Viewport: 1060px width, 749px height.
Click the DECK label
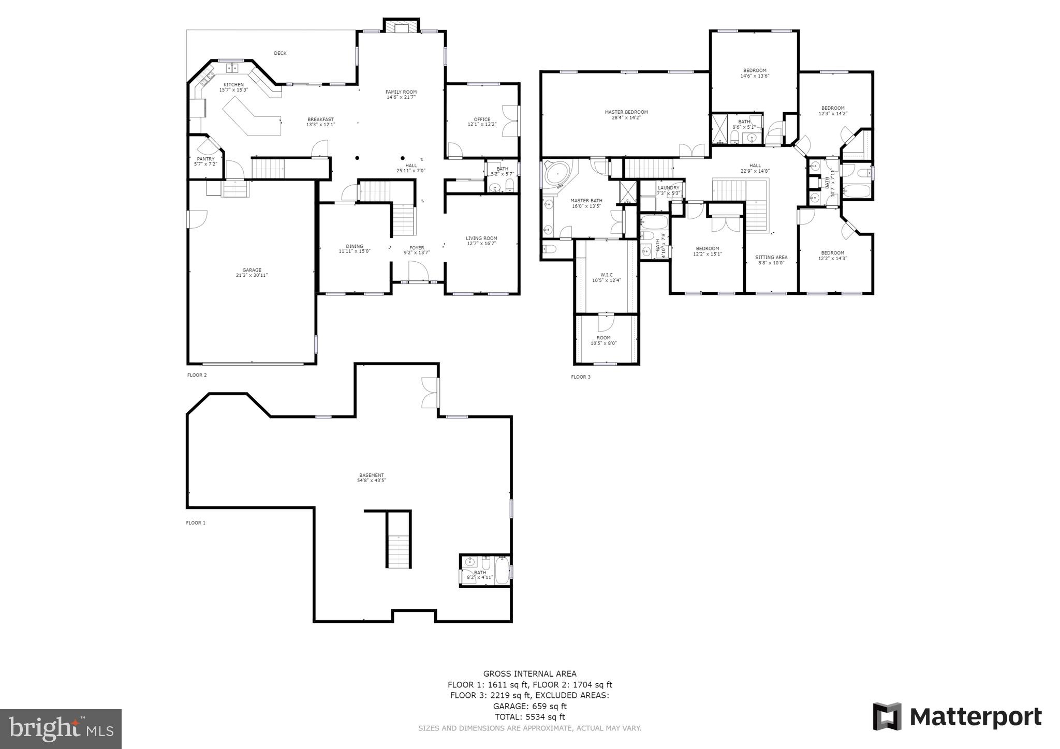[x=280, y=53]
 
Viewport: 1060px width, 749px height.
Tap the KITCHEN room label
[x=233, y=85]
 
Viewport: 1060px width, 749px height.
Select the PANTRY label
[x=205, y=159]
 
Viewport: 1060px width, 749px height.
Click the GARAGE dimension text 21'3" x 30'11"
[x=252, y=276]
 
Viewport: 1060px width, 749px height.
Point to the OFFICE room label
[x=482, y=119]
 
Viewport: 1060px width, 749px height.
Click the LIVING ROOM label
[x=481, y=238]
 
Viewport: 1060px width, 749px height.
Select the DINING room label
[x=355, y=246]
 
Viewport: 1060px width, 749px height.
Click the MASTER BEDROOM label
[x=626, y=112]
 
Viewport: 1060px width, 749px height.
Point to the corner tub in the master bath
[x=556, y=174]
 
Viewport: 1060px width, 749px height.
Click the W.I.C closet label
[x=607, y=275]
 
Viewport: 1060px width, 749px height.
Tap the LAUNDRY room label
[x=668, y=188]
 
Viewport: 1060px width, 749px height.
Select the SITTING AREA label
[x=771, y=257]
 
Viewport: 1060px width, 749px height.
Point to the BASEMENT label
[x=372, y=475]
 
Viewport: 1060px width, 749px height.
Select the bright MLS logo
[x=61, y=728]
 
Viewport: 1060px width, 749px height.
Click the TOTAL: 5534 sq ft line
[x=529, y=717]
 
